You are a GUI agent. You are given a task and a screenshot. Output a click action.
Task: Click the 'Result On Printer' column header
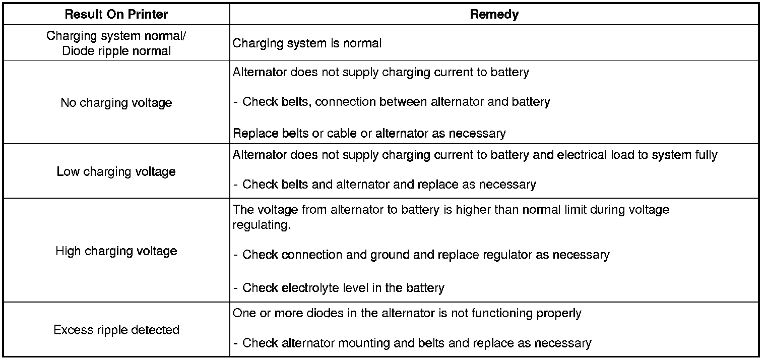[116, 14]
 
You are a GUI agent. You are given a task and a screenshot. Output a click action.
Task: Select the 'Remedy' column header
[494, 14]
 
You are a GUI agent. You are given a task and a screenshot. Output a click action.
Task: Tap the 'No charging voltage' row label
[116, 103]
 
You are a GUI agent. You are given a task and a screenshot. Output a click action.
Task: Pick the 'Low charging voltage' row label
[116, 171]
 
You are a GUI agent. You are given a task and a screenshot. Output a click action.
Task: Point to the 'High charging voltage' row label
[116, 251]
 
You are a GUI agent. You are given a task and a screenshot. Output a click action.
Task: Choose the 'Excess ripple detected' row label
[116, 330]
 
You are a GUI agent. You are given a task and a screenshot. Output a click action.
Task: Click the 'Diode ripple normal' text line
[116, 51]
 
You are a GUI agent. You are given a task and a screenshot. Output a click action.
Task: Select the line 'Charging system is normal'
[307, 43]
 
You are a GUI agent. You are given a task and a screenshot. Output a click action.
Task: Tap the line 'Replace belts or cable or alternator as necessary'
[369, 134]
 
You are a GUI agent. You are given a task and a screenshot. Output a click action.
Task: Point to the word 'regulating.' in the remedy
[262, 225]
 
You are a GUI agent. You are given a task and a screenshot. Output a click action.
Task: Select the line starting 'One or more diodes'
[407, 313]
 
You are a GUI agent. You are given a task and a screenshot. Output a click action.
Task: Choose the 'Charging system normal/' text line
[116, 36]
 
